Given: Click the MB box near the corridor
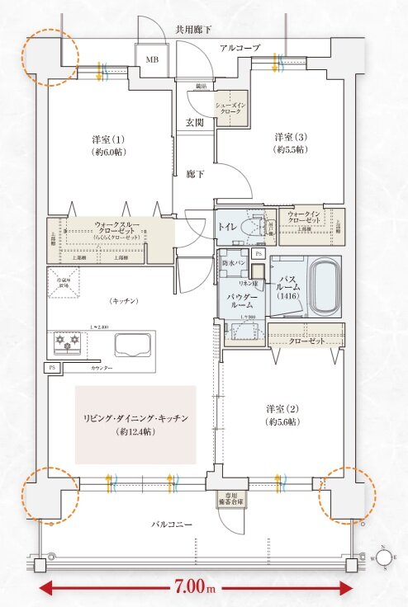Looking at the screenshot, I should [x=152, y=60].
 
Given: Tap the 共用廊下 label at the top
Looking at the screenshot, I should [x=193, y=31].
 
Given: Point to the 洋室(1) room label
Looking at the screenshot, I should [x=108, y=145].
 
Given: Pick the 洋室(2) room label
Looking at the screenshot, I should [x=282, y=415].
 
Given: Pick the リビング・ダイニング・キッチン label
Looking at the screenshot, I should [x=135, y=425].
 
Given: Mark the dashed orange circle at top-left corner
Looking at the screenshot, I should [x=50, y=58].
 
